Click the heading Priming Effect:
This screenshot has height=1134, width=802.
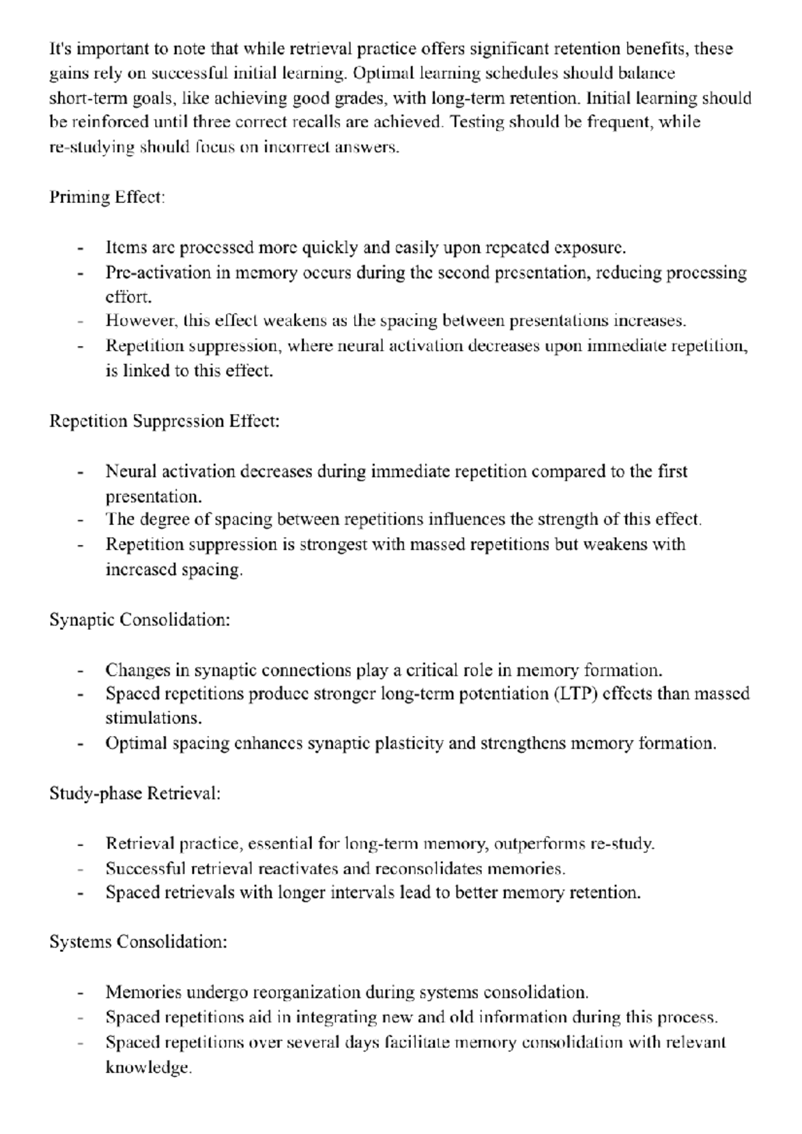click(x=107, y=198)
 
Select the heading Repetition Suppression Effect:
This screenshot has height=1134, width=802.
click(x=164, y=421)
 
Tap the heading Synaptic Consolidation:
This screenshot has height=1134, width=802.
click(x=140, y=620)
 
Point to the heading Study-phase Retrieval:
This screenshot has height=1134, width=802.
click(x=135, y=793)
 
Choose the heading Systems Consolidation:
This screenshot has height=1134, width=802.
click(x=138, y=942)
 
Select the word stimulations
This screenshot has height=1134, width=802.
click(x=153, y=719)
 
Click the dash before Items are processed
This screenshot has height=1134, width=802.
click(x=80, y=249)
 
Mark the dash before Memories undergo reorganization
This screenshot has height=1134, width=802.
click(x=80, y=994)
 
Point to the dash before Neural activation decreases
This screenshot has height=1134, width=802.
click(x=80, y=473)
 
